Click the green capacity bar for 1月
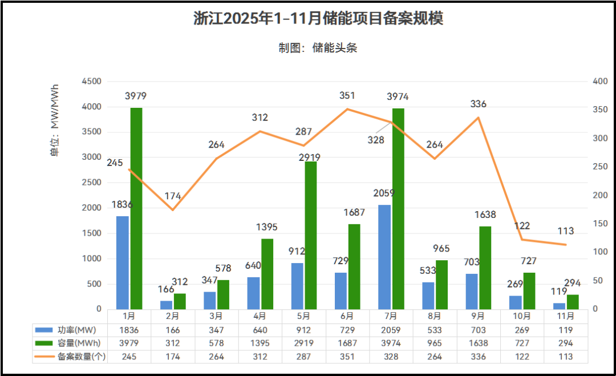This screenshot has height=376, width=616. (136, 208)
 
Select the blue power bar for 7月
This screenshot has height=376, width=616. (384, 257)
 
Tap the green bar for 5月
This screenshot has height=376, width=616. (311, 235)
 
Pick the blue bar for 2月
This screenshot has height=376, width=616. (166, 305)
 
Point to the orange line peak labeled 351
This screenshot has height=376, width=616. (347, 109)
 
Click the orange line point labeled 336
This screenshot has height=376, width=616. (478, 118)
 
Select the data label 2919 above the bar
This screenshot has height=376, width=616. (309, 157)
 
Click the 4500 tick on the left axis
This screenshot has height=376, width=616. (92, 82)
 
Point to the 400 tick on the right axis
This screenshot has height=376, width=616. (600, 82)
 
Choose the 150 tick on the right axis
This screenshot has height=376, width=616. (600, 224)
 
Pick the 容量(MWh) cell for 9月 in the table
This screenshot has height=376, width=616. (478, 343)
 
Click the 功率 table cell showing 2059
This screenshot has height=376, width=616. (391, 330)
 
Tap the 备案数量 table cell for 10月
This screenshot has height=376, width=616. (522, 356)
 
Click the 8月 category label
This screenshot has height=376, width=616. (435, 316)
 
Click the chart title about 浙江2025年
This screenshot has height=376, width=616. (318, 18)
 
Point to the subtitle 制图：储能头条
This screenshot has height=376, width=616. (318, 48)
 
